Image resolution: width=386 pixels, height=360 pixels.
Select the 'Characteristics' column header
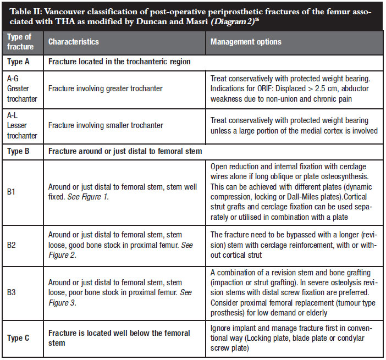(x=74, y=42)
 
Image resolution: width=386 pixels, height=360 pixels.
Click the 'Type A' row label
(x=19, y=62)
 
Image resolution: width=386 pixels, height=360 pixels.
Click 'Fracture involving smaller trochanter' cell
(x=106, y=125)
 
